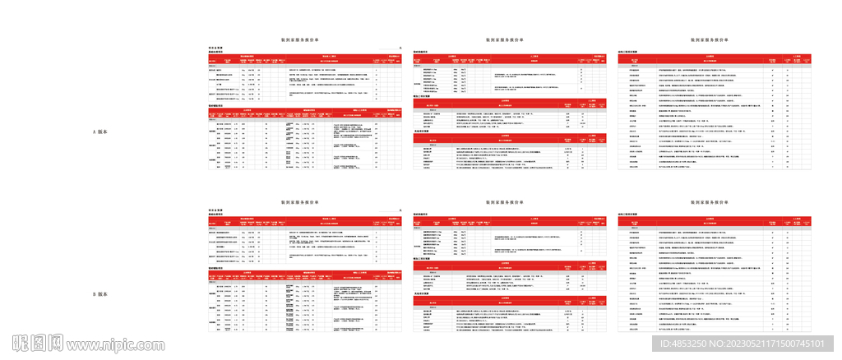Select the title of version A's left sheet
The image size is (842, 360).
tap(304, 39)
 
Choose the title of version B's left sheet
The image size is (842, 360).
tap(304, 200)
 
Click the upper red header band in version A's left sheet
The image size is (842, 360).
tap(304, 59)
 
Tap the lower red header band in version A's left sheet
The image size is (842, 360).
tap(304, 113)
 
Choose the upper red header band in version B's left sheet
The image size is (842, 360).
tap(304, 220)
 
